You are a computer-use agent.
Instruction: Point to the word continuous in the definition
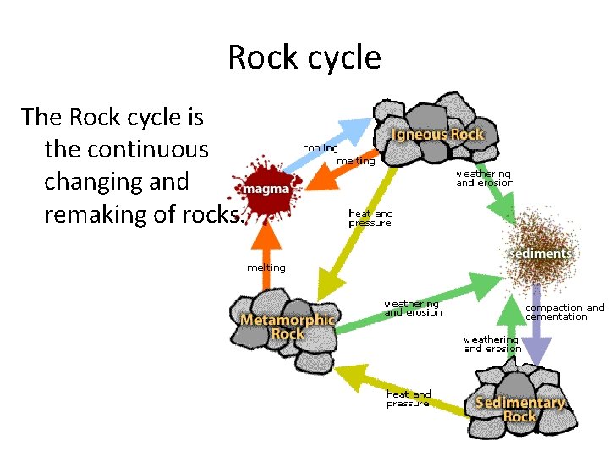pos(126,149)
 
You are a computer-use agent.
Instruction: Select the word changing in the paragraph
pos(95,182)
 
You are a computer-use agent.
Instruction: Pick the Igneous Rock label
pos(437,135)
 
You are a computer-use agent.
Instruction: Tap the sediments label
pos(540,253)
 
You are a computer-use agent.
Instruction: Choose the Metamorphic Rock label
pos(288,327)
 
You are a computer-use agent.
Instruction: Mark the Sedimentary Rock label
pos(519,409)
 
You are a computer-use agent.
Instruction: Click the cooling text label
pos(321,148)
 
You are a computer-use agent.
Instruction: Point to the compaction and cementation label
pos(565,312)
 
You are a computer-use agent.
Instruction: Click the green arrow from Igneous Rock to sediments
pos(491,190)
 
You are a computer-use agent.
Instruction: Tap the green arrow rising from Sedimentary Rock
pos(510,326)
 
